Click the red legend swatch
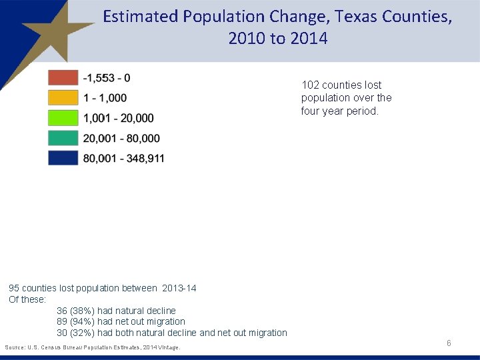pos(63,77)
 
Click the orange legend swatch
pos(63,97)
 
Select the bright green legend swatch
pos(63,118)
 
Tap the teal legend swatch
pos(63,138)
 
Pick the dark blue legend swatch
pos(63,158)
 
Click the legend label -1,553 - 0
pos(107,78)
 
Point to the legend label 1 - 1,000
pos(105,98)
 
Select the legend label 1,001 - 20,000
pos(118,118)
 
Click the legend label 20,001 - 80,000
pos(121,138)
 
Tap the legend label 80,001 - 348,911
pos(123,158)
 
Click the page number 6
pos(449,343)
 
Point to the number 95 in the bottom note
pos(14,288)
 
